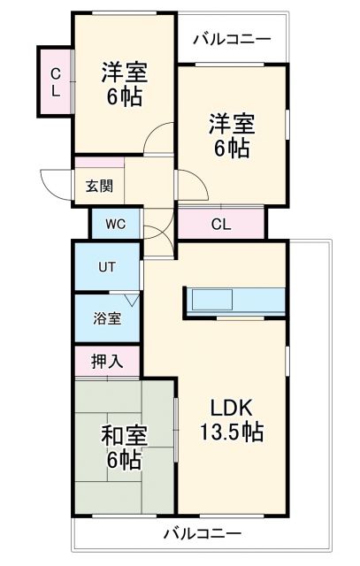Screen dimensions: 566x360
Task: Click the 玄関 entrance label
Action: [98, 186]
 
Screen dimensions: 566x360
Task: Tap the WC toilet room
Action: [115, 223]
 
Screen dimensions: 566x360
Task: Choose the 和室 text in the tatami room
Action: [124, 435]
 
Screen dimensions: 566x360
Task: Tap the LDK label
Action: [232, 408]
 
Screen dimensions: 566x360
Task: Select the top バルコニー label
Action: [231, 40]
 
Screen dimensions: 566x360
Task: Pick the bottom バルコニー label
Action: [202, 533]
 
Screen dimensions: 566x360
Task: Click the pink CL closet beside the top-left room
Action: [55, 81]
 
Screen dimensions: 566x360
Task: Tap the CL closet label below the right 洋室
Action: [221, 224]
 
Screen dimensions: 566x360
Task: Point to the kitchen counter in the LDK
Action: [234, 301]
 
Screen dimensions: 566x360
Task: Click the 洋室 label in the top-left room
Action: [124, 71]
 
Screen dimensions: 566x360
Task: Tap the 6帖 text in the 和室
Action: [125, 460]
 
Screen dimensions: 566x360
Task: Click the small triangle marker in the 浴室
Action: [130, 301]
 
